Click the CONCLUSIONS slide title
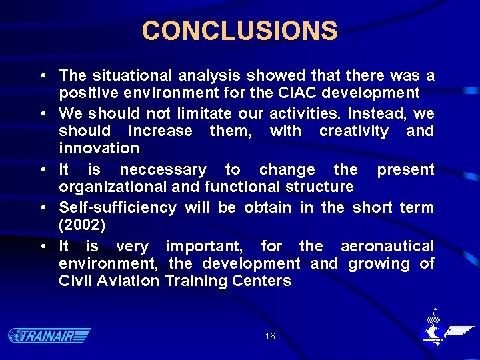(240, 31)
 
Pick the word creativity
(353, 131)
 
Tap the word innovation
(99, 148)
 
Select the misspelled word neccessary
(163, 169)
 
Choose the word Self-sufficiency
(117, 207)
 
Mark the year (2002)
(82, 225)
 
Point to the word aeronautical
(387, 246)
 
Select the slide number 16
(269, 337)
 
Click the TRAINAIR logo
(49, 335)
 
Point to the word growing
(378, 263)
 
